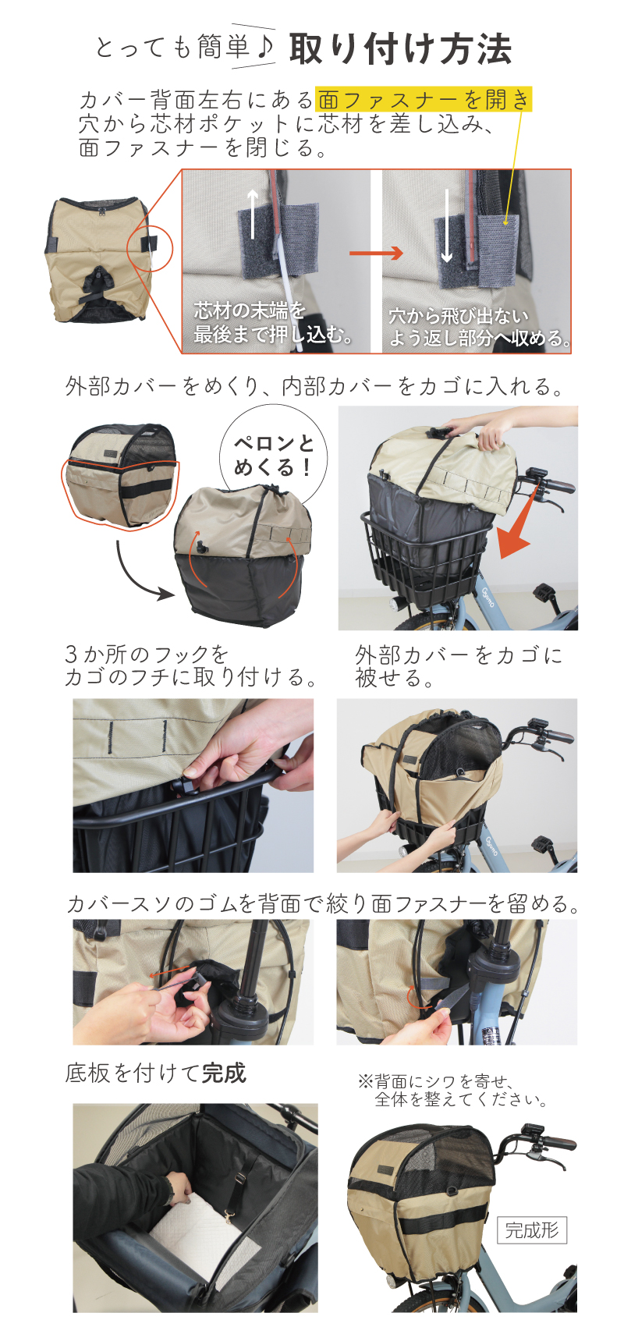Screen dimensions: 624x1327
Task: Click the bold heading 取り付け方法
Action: point(401,48)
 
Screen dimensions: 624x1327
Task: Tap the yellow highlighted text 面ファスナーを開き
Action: point(424,100)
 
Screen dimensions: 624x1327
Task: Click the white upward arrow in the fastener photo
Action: point(253,213)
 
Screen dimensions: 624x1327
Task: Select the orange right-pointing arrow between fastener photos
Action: point(376,253)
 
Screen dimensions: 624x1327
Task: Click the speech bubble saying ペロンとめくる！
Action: point(273,454)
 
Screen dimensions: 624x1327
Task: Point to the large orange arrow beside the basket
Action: point(519,521)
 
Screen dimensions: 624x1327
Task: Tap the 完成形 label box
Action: point(531,1229)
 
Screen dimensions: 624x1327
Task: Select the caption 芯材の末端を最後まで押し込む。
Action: point(272,322)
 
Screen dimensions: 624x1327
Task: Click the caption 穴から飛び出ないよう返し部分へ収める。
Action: point(480,326)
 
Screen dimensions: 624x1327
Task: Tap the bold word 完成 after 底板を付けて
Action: point(223,1073)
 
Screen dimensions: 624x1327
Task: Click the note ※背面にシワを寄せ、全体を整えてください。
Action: point(453,1089)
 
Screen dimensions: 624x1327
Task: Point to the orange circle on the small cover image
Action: point(153,250)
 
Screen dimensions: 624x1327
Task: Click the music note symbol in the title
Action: point(265,48)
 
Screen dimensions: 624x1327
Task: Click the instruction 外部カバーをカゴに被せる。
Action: point(458,665)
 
